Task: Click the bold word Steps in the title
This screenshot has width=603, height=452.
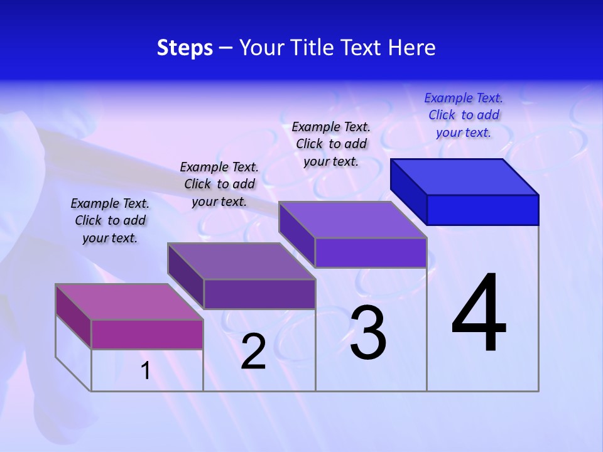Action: (185, 48)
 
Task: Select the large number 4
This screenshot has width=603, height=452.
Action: (479, 314)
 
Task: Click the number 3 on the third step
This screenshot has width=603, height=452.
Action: (368, 333)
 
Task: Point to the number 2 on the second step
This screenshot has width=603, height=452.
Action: (253, 352)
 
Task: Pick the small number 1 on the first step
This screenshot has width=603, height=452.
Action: (146, 370)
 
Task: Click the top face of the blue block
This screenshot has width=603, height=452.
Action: (465, 176)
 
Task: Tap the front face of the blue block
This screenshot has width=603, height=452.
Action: (482, 210)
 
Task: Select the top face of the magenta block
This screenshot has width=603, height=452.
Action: (129, 302)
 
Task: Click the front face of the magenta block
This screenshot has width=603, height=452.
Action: (147, 334)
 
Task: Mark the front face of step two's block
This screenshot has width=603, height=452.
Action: (259, 294)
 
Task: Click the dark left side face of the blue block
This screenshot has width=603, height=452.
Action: (408, 191)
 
